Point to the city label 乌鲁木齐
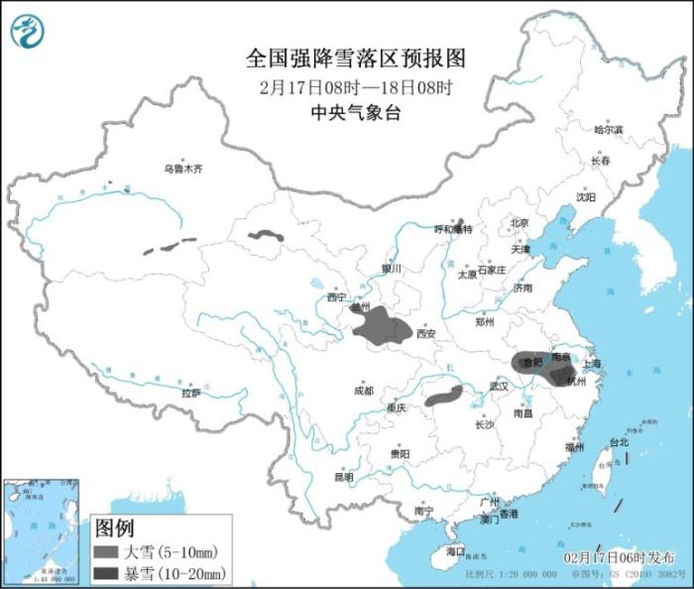click(x=183, y=170)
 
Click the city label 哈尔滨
click(x=608, y=130)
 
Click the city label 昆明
click(x=343, y=476)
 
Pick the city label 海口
click(x=455, y=550)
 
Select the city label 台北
click(x=618, y=442)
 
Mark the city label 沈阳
click(x=586, y=196)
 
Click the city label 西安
click(x=425, y=334)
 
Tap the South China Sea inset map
click(x=41, y=530)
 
